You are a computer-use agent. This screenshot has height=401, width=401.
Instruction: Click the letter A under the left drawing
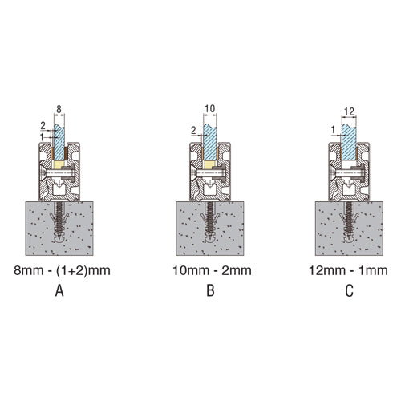coord(59,290)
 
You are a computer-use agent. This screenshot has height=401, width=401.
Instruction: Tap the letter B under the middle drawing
coord(210,290)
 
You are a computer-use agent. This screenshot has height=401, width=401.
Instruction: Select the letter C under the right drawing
coord(349,290)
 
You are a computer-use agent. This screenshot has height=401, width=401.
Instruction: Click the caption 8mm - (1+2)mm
coord(62,270)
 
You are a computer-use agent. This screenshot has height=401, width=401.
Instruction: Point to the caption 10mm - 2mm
coord(212,270)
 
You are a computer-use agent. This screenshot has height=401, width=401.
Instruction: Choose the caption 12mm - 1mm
coord(348,270)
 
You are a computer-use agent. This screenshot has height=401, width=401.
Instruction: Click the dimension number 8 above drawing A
coord(59,109)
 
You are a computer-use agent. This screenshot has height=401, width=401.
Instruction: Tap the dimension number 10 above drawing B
coord(210,109)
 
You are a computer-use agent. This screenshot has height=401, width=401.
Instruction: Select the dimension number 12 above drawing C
coord(349,111)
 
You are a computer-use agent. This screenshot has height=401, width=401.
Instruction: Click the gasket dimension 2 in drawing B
coord(193,131)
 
